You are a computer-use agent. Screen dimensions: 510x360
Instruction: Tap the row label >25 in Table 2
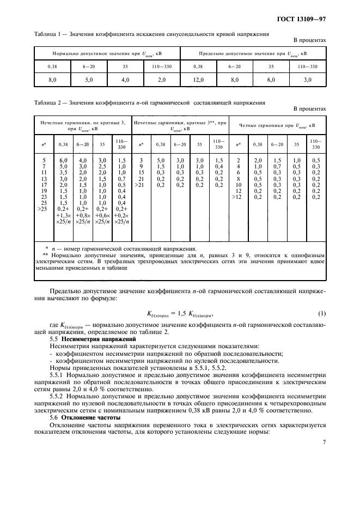pos(44,209)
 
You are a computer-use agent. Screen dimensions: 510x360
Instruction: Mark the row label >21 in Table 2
pos(141,185)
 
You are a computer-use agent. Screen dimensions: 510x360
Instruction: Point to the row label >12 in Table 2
pos(237,197)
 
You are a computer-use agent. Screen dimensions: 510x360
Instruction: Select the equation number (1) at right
pos(321,313)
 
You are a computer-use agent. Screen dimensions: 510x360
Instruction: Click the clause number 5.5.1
pos(58,374)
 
